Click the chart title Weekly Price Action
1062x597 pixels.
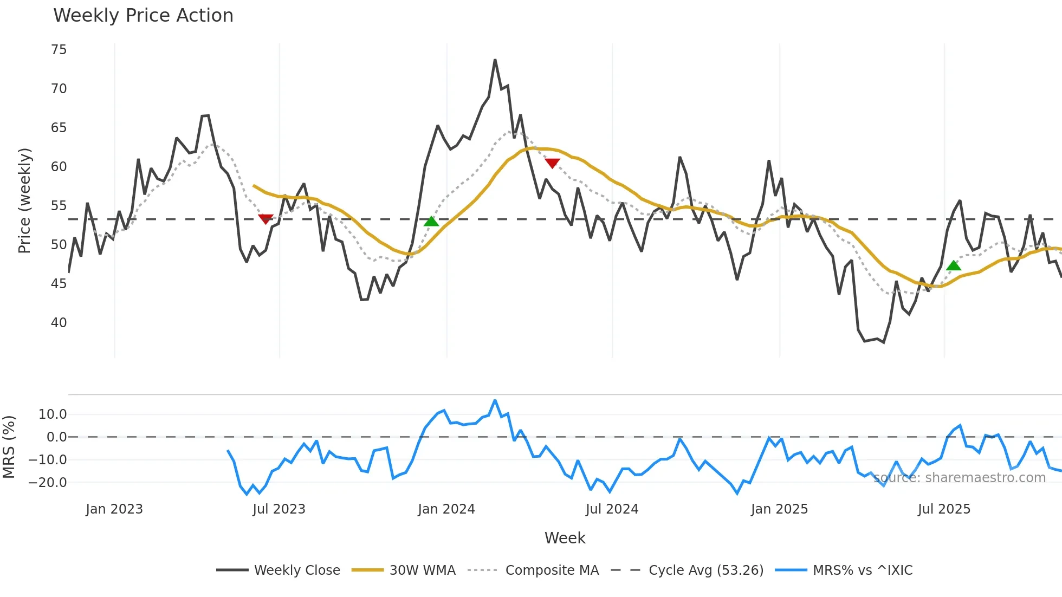[143, 16]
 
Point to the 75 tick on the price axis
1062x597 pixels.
[59, 50]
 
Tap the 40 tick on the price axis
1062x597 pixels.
[59, 323]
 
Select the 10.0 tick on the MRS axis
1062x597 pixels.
[53, 414]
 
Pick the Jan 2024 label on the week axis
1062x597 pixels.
[446, 509]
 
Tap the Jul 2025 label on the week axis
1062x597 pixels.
[943, 509]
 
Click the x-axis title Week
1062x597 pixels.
[565, 538]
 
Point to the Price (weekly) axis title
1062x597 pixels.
[24, 201]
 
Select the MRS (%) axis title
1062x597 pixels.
[9, 447]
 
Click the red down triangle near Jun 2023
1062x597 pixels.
[265, 219]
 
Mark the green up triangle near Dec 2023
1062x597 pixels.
[431, 221]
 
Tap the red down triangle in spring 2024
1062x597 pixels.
[552, 163]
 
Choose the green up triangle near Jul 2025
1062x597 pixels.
[954, 265]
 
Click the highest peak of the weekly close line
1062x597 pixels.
[495, 60]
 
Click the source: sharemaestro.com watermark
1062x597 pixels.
[959, 478]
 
